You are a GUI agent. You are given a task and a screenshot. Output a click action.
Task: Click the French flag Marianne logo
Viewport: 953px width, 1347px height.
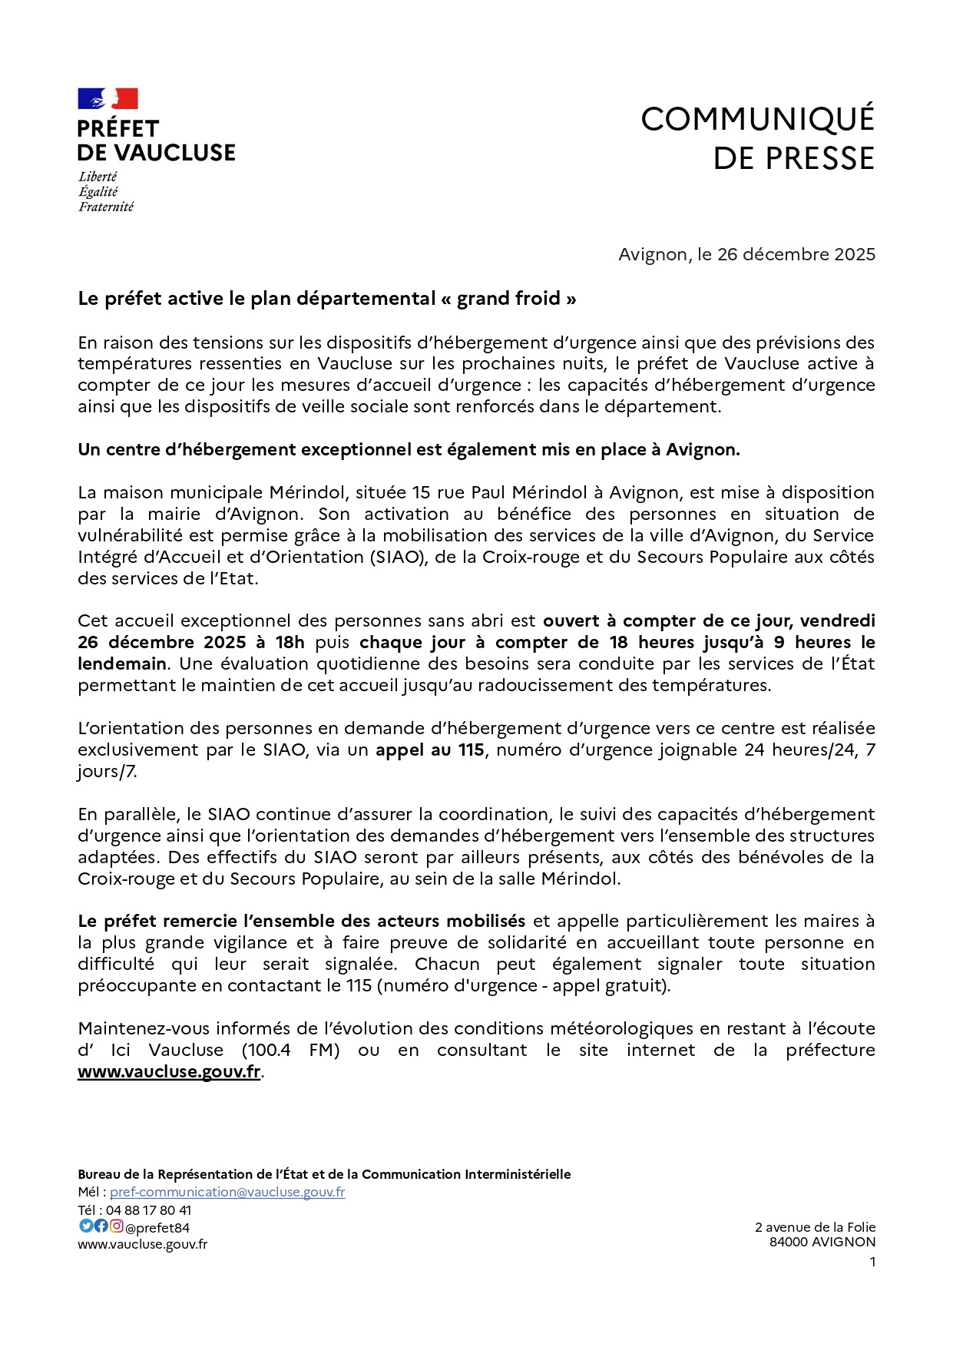[108, 99]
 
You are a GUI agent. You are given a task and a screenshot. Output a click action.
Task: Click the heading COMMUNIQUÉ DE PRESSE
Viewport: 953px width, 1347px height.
[757, 138]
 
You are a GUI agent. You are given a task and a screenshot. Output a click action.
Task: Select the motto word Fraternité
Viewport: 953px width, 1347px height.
[106, 207]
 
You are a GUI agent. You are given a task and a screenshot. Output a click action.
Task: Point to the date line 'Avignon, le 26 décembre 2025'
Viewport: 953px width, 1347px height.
[746, 254]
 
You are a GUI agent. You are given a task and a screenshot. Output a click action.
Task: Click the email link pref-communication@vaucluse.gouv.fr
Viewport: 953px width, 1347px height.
[227, 1192]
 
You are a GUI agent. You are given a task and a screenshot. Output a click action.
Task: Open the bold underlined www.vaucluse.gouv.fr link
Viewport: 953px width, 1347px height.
[169, 1071]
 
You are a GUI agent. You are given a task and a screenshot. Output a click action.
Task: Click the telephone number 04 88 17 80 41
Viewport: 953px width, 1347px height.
[148, 1210]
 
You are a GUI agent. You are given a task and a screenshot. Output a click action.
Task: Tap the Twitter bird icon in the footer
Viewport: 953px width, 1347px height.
[86, 1226]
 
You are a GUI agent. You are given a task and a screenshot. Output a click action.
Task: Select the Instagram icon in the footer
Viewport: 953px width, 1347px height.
[116, 1226]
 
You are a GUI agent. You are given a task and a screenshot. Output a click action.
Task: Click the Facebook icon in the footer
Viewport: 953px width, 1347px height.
[101, 1226]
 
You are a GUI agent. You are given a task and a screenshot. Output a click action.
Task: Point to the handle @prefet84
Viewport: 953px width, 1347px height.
[157, 1228]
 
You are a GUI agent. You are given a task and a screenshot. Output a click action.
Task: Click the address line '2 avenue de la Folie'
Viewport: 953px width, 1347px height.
[815, 1227]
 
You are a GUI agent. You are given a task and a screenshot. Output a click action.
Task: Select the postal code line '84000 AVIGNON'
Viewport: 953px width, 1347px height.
[822, 1242]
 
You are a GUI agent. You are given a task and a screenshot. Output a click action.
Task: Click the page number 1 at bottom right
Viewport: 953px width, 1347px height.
[872, 1262]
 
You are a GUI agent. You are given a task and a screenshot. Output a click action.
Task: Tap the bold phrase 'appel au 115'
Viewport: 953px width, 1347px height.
[429, 750]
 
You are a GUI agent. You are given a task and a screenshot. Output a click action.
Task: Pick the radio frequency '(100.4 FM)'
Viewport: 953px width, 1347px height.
[290, 1050]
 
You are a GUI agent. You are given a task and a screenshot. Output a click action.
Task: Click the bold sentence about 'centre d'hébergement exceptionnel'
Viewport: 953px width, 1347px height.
[409, 450]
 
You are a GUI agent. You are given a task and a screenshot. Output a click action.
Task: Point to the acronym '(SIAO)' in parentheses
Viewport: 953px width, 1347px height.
[398, 557]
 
